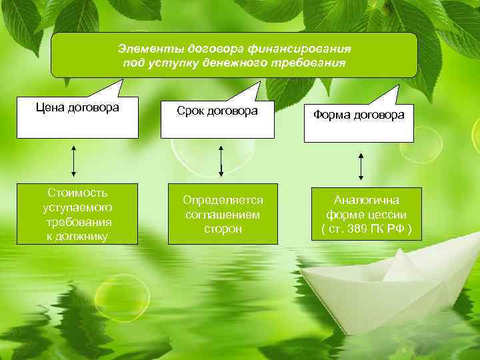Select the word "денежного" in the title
pos(233,63)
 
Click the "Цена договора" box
pos(77,119)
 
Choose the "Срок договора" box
pos(217,120)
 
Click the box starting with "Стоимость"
pos(77,214)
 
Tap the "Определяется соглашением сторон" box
pos(223,214)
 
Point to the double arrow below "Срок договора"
pos(221,162)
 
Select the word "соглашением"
pos(223,215)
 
